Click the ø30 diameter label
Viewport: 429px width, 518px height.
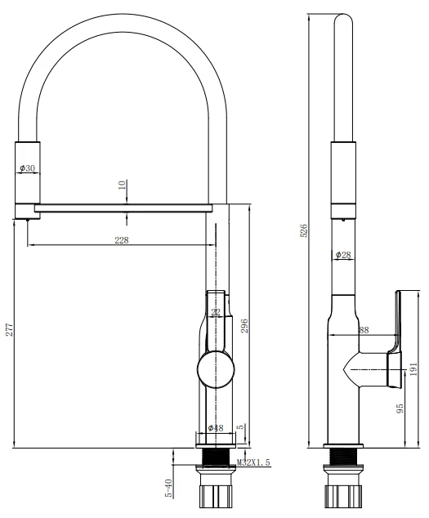(x=27, y=169)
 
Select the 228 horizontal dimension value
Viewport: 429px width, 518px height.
(x=120, y=239)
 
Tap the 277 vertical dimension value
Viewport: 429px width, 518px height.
(x=9, y=329)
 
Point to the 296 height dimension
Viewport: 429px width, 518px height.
(x=244, y=325)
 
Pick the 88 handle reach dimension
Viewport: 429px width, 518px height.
(x=364, y=330)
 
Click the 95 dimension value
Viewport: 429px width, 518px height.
(x=400, y=407)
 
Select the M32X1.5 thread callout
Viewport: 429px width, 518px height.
(x=255, y=463)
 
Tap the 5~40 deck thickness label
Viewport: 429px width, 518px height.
(x=169, y=489)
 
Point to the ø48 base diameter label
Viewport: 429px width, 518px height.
(x=216, y=428)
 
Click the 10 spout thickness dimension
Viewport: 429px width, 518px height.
(x=123, y=186)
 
